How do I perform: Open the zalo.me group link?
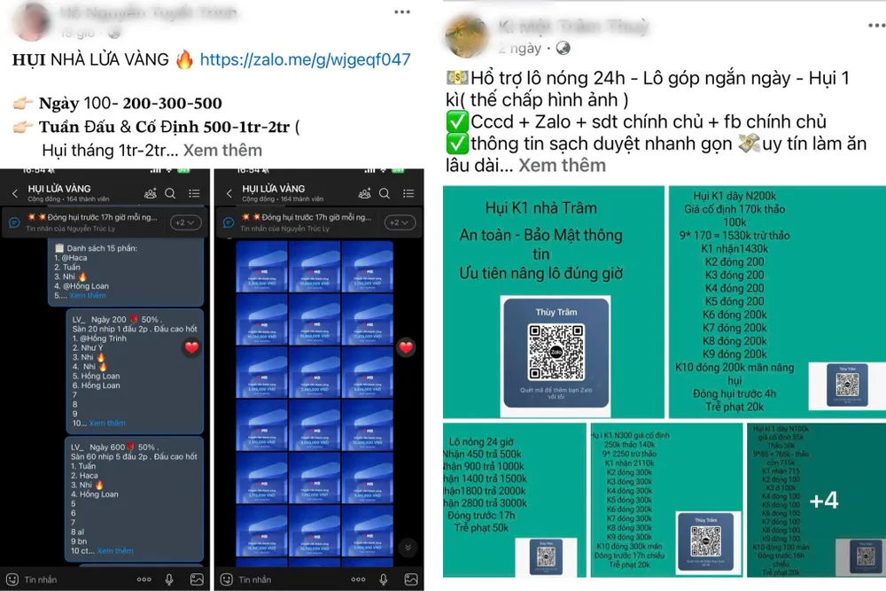(x=305, y=60)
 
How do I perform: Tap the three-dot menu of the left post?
(x=402, y=12)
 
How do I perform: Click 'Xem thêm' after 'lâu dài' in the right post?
(x=562, y=165)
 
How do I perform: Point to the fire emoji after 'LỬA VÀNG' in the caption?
(x=184, y=60)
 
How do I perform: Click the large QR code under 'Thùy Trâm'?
(x=556, y=352)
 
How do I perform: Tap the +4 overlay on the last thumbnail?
(x=824, y=501)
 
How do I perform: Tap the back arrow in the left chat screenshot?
(x=15, y=193)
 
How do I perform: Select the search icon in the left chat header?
(x=170, y=193)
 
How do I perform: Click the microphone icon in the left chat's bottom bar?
(x=169, y=579)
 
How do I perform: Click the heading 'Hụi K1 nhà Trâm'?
(x=540, y=208)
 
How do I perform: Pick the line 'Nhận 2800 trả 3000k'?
(x=487, y=502)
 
